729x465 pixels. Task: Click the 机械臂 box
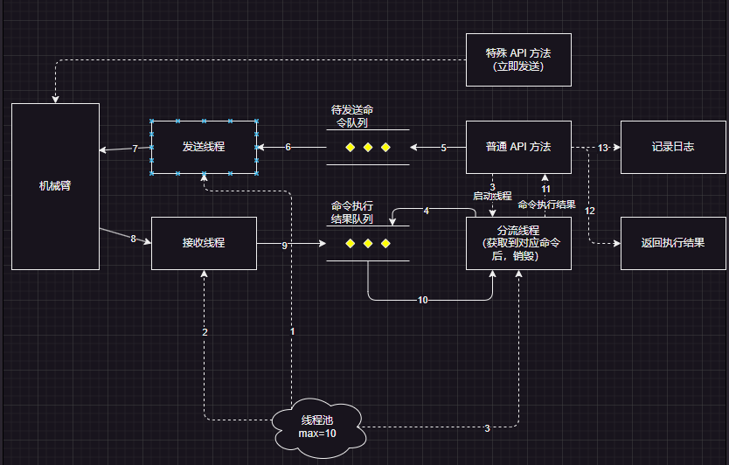(x=55, y=186)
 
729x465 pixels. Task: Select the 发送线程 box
(x=204, y=147)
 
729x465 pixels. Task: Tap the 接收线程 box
(x=204, y=242)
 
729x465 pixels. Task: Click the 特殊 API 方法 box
(x=518, y=59)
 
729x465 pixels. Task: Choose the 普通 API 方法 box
(x=518, y=147)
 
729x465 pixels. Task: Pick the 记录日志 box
(x=672, y=147)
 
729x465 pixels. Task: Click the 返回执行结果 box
(x=672, y=242)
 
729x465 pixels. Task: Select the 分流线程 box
(x=518, y=243)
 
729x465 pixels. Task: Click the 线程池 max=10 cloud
(x=317, y=427)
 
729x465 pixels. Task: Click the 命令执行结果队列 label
(x=352, y=211)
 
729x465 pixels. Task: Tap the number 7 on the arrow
(x=135, y=149)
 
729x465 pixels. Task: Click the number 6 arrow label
(x=288, y=147)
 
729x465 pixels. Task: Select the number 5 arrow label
(x=443, y=148)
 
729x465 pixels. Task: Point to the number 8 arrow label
(x=133, y=239)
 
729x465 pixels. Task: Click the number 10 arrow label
(x=422, y=300)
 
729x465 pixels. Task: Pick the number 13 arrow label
(x=602, y=148)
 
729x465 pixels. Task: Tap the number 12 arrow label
(x=590, y=211)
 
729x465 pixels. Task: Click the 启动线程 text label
(x=492, y=197)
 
